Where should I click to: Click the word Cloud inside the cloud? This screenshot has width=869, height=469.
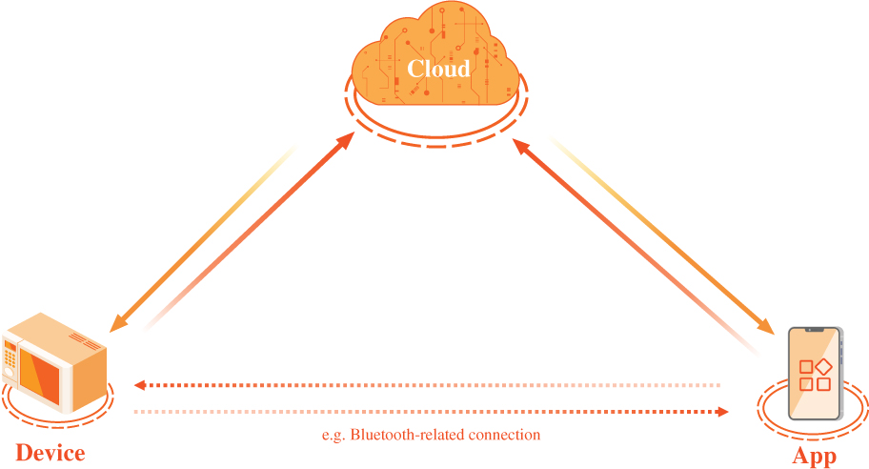tap(438, 69)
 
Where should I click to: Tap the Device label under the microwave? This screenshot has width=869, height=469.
tap(51, 454)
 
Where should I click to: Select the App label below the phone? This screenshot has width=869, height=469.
tap(815, 457)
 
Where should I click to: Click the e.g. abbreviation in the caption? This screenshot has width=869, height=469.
tap(334, 435)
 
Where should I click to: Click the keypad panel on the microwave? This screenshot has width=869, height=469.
tap(10, 360)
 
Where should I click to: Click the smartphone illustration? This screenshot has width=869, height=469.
tap(816, 373)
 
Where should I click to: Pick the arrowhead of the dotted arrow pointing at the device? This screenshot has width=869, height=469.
tap(139, 385)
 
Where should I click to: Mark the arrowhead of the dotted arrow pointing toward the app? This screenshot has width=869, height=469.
tap(722, 412)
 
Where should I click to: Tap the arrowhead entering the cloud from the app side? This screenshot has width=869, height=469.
tap(518, 144)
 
